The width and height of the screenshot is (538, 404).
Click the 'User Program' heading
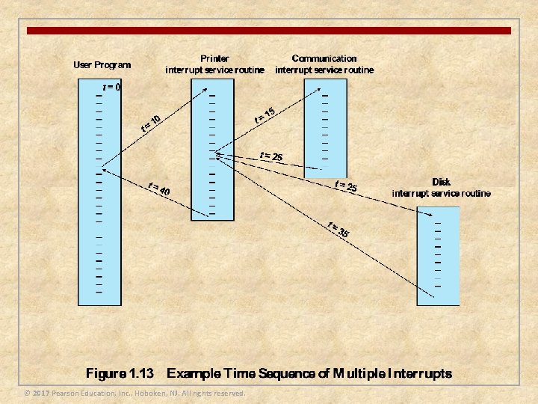102,64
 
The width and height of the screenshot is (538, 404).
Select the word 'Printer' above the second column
214,58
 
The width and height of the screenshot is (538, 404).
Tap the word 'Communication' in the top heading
324,58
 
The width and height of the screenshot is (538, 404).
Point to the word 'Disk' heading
441,182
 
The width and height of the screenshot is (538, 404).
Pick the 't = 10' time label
152,122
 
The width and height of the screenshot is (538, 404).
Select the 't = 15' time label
265,114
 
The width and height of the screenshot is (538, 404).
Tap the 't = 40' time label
158,189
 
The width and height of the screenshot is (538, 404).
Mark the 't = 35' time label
338,230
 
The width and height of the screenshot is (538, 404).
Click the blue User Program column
99,224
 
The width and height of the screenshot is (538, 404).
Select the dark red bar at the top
269,31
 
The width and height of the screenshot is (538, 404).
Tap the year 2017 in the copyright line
41,393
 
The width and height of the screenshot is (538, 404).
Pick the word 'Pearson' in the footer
67,393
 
